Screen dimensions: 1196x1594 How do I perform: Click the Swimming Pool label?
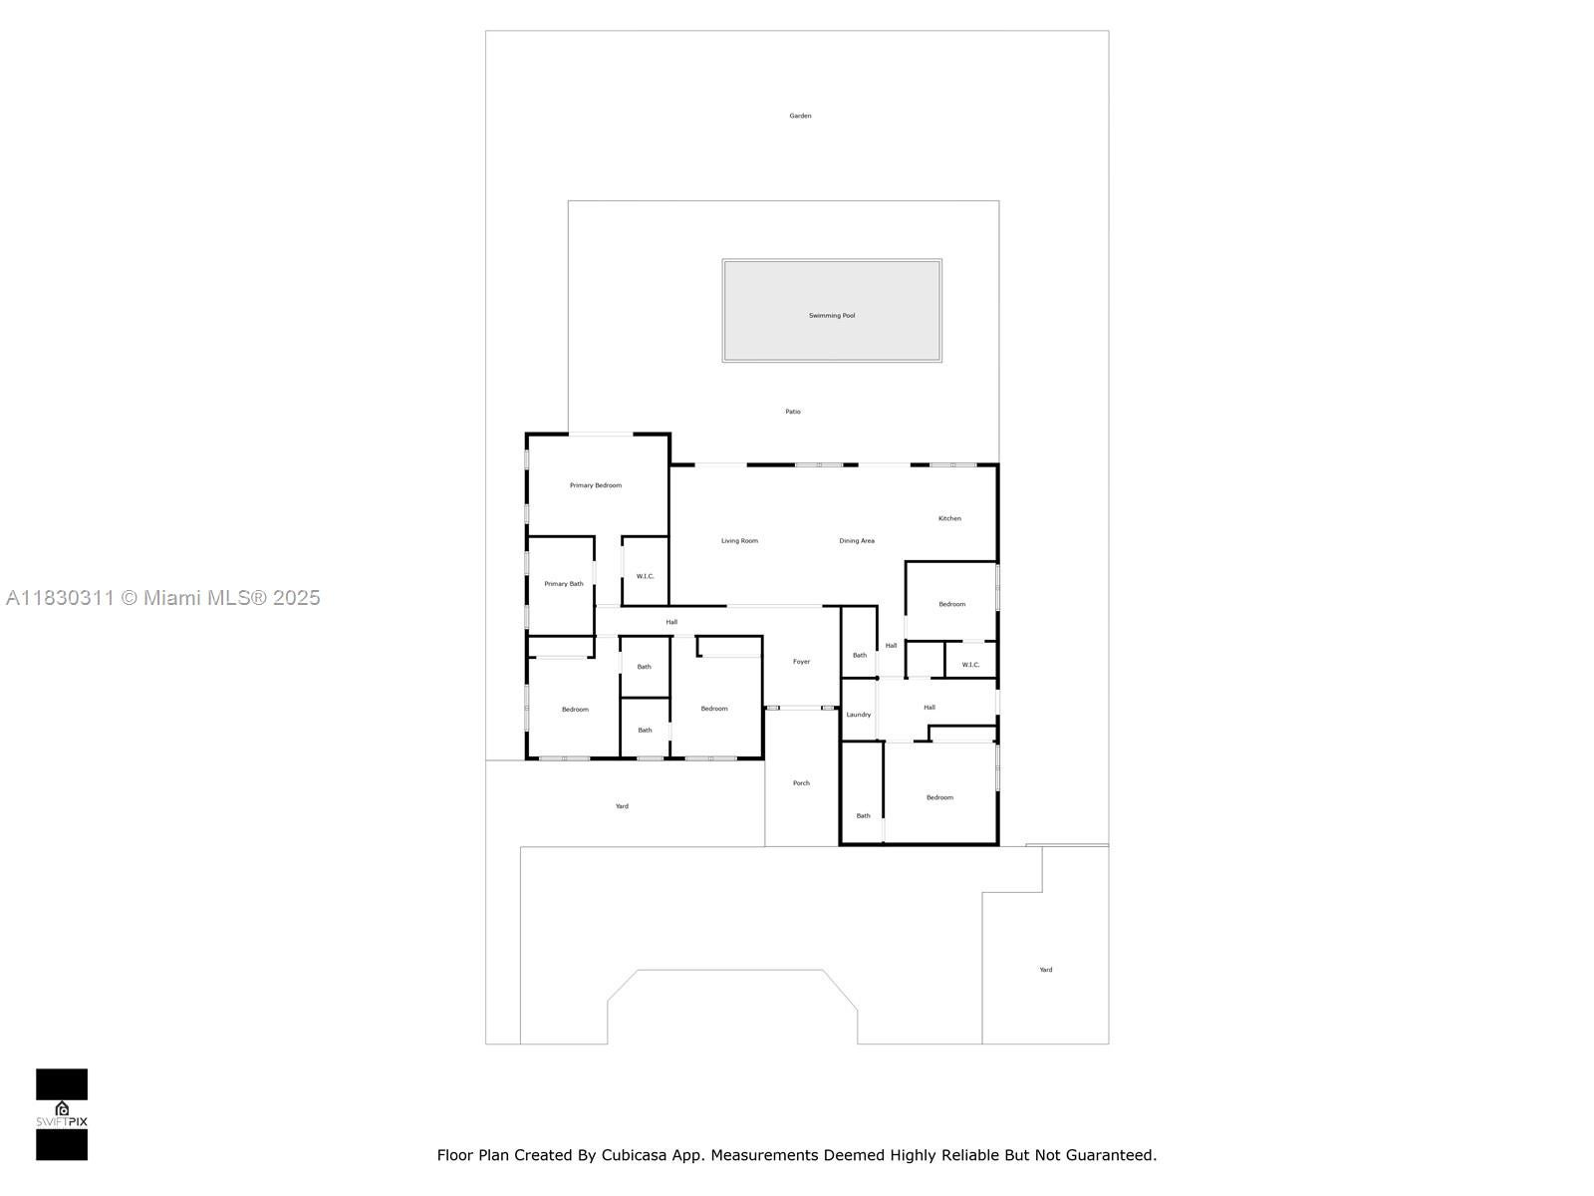[832, 316]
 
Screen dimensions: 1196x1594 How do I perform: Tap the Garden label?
[800, 116]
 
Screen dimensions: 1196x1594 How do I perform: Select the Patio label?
[793, 412]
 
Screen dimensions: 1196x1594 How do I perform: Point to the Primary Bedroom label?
[596, 485]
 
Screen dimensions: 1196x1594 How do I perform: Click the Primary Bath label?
[564, 584]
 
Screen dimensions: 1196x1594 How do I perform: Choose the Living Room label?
[739, 541]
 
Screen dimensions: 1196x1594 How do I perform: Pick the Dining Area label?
[857, 541]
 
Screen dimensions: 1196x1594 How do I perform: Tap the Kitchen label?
[949, 518]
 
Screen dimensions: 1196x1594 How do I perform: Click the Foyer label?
[801, 662]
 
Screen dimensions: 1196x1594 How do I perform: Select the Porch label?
[801, 783]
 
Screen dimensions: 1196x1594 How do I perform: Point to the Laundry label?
[859, 715]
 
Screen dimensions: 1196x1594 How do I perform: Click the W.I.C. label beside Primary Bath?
[646, 576]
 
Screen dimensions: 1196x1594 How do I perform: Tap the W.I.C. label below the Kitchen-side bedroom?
[970, 665]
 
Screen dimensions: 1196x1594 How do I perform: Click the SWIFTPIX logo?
[62, 1114]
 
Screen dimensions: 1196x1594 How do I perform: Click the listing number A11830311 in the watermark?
[60, 598]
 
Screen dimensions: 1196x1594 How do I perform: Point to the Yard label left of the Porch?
[622, 806]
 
